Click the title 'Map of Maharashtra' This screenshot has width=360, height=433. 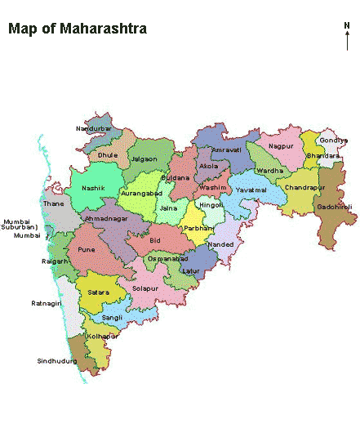78,29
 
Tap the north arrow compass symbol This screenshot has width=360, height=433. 347,37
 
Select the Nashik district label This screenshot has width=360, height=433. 95,188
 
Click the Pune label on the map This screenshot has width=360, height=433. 87,249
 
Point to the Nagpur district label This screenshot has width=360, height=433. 280,145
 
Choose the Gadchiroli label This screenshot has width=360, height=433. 335,208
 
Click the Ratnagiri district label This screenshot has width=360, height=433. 47,303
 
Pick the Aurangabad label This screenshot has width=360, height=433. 142,194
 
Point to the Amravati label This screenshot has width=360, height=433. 226,150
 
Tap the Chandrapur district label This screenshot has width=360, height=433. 304,187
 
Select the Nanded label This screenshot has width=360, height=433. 220,244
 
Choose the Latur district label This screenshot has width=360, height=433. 191,270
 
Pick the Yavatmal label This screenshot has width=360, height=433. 251,190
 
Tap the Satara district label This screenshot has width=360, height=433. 98,291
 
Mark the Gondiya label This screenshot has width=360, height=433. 333,141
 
